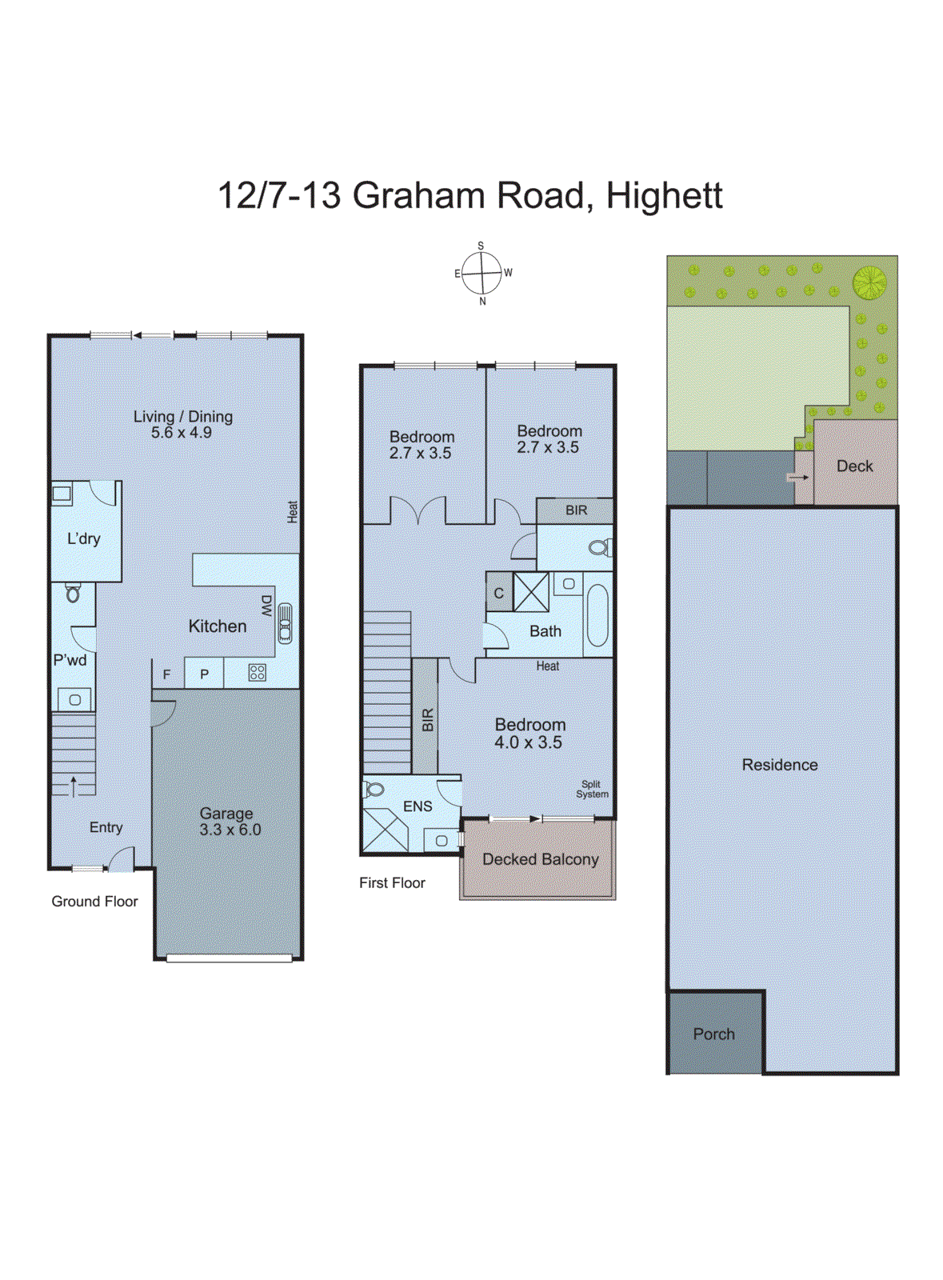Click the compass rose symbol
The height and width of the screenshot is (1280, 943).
click(x=482, y=273)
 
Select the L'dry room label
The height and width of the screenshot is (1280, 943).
click(x=84, y=538)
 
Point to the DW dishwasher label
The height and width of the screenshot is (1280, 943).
click(x=267, y=605)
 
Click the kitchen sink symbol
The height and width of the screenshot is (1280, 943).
click(x=285, y=624)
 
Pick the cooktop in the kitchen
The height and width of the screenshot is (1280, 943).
click(x=257, y=673)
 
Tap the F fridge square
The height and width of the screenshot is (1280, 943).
click(x=167, y=674)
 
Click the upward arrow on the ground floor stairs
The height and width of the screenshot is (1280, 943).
click(x=74, y=786)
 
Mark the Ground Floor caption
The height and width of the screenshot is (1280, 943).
click(x=94, y=902)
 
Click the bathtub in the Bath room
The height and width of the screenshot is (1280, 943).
click(x=597, y=615)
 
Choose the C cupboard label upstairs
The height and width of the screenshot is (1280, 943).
click(x=498, y=594)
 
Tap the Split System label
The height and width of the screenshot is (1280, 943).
click(x=592, y=790)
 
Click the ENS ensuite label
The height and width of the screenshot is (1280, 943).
click(x=418, y=806)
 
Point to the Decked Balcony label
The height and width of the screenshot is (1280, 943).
click(x=541, y=859)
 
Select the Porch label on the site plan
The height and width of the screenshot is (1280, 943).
click(x=713, y=1034)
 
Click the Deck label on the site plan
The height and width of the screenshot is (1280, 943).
click(x=854, y=466)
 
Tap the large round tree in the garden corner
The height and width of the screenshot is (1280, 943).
click(x=869, y=282)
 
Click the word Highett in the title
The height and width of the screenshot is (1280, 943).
click(x=664, y=196)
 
